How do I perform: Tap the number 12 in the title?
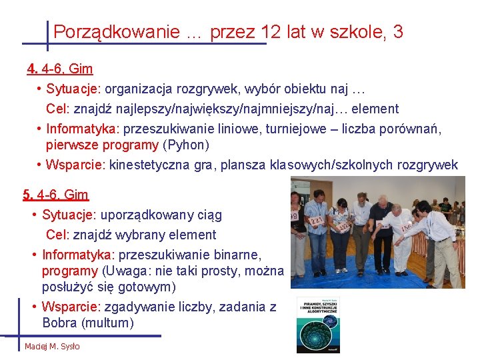click(x=271, y=32)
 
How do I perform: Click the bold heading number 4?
click(x=32, y=69)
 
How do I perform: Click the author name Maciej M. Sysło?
click(x=52, y=347)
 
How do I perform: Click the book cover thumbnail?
click(x=319, y=325)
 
